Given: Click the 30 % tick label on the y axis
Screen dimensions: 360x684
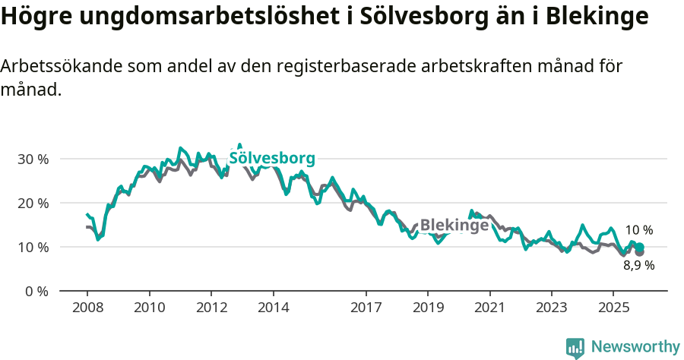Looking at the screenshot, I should (33, 159).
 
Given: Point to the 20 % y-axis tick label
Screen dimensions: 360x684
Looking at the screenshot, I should (33, 204).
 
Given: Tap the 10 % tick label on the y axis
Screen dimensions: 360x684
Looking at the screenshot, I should (33, 248).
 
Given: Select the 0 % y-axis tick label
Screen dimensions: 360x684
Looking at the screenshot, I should (36, 292).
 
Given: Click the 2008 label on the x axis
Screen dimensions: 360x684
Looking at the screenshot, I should (87, 308).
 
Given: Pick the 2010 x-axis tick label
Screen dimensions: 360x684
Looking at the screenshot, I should (149, 308).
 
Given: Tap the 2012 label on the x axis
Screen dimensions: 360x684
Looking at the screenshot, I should (211, 308).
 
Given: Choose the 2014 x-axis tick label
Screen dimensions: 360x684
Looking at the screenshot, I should (273, 308).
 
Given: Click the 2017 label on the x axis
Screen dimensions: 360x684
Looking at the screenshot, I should (366, 308).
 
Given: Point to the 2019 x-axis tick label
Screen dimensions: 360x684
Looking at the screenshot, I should (427, 308).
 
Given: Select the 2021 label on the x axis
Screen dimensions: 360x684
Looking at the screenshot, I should (489, 308).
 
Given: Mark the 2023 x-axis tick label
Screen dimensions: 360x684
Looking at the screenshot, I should (551, 308).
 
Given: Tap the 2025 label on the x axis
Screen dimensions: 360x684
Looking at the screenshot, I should (613, 308).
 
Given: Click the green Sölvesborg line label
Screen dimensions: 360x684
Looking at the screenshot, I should (271, 159).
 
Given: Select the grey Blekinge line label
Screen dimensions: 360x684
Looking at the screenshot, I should (454, 226).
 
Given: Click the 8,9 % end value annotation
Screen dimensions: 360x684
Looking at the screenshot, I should (639, 266).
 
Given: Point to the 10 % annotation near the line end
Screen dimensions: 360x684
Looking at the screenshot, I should (639, 230).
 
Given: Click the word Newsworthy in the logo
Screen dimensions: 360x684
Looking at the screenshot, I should (635, 347).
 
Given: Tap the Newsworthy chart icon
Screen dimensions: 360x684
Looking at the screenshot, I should (575, 348).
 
